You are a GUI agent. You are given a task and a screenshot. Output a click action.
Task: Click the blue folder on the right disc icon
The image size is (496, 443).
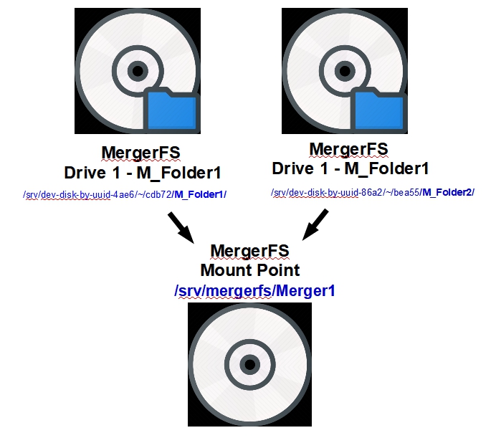tap(378, 109)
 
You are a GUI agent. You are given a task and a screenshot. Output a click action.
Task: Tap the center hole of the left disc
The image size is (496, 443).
tap(137, 70)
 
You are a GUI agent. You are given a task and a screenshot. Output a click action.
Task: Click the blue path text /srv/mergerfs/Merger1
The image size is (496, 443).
tap(254, 291)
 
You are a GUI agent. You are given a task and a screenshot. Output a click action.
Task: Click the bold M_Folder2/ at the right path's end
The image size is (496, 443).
tap(448, 192)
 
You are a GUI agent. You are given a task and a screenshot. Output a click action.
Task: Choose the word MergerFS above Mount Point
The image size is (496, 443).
tap(249, 251)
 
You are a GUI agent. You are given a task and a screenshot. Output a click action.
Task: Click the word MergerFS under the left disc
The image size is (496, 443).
tap(140, 153)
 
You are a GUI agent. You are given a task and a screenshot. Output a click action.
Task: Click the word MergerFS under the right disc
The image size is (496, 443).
tap(348, 149)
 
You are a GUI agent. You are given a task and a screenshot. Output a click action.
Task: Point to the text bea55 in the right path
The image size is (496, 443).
tap(405, 192)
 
